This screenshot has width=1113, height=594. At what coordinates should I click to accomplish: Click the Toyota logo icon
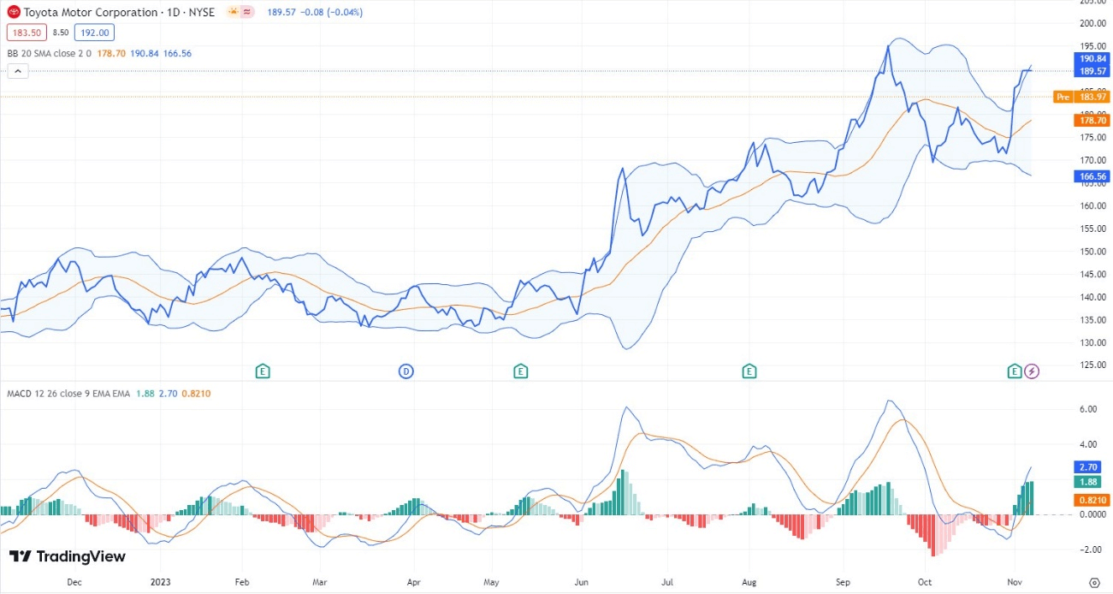pyautogui.click(x=14, y=13)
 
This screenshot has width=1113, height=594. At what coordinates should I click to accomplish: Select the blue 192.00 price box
pyautogui.click(x=93, y=33)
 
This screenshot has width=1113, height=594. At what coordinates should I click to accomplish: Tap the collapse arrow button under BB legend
pyautogui.click(x=18, y=72)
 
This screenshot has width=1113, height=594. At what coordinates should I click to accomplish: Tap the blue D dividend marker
pyautogui.click(x=406, y=371)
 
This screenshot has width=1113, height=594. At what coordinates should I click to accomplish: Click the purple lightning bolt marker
pyautogui.click(x=1032, y=371)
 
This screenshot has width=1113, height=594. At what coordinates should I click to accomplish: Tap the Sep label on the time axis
pyautogui.click(x=843, y=581)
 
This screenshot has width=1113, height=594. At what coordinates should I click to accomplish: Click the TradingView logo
pyautogui.click(x=68, y=556)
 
